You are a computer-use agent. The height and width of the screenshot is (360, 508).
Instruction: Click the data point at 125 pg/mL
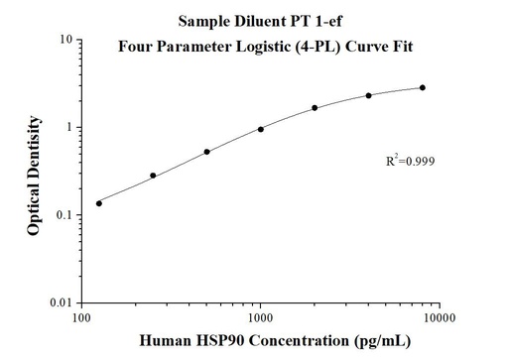[99, 203]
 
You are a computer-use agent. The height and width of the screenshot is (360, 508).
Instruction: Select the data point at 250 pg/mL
[153, 176]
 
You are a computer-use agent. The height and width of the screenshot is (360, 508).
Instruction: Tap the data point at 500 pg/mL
[206, 152]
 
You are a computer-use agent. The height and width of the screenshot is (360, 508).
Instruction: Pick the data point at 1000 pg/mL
[261, 129]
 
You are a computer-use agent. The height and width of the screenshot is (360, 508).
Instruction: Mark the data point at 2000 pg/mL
[315, 108]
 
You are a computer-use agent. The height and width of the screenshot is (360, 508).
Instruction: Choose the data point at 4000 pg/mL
[368, 95]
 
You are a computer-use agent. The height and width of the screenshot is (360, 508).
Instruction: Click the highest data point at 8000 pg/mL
[422, 87]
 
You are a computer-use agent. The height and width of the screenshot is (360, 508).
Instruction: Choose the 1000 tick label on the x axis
[260, 318]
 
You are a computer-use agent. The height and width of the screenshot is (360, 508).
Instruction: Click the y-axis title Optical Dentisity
[35, 174]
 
